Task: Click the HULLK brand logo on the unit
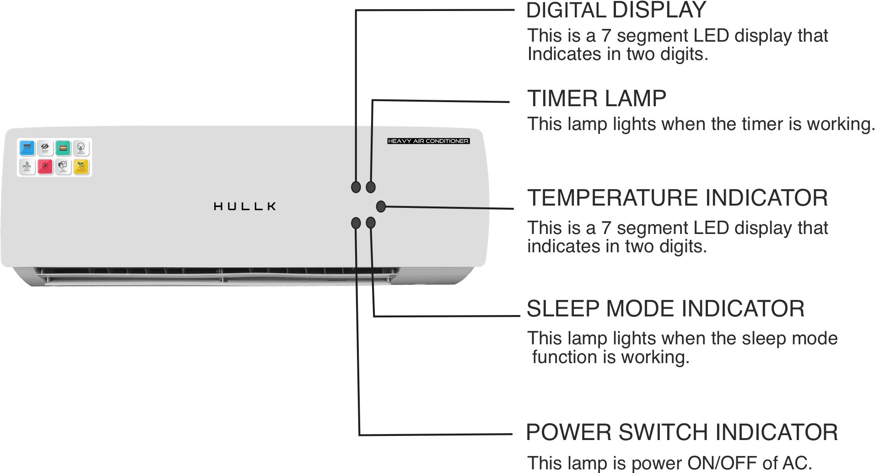coord(245,207)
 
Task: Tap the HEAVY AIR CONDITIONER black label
coord(428,141)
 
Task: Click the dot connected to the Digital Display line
coord(356,187)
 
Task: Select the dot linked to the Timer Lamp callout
coord(371,187)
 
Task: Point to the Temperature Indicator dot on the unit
coord(381,207)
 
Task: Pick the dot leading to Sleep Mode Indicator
coord(371,223)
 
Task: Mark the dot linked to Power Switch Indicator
coord(356,223)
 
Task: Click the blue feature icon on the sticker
coord(27,148)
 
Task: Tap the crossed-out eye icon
coord(45,148)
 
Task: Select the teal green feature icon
coord(63,148)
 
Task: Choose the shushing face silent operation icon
coord(81,148)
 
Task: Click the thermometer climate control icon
coord(27,167)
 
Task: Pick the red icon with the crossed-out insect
coord(45,167)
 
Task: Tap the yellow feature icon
coord(81,167)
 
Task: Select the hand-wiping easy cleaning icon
coord(63,167)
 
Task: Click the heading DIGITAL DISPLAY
coord(616,11)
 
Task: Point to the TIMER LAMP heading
coord(596,98)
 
